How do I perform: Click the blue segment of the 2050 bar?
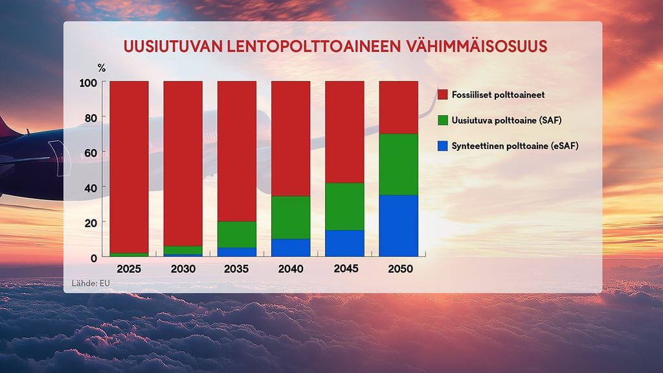398,225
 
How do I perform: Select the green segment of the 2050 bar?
398,164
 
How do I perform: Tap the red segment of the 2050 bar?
398,107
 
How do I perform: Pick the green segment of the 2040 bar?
291,217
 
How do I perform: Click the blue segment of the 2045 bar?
344,243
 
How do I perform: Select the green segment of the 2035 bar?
237,234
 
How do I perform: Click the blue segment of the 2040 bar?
291,247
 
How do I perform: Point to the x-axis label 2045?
344,269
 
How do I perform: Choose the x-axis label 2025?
129,269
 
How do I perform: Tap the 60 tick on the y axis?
91,153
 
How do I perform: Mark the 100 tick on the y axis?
88,83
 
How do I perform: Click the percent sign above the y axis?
101,67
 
